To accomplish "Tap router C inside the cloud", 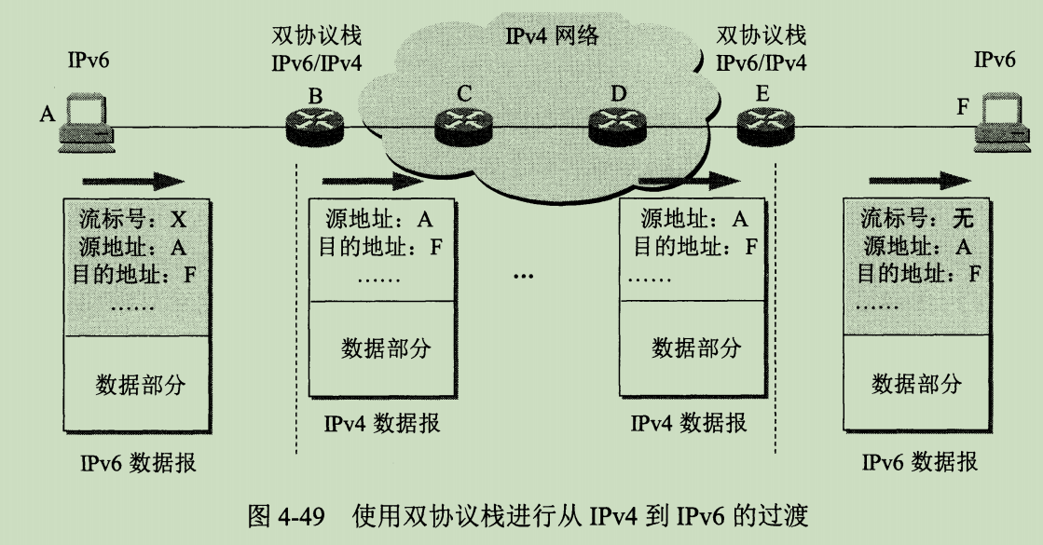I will point(463,125).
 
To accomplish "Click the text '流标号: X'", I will point(130,221).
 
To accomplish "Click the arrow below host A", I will point(134,180).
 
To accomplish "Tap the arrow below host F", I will point(917,180).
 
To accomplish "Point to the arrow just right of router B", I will point(365,180).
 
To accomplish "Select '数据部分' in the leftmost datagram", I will point(140,385).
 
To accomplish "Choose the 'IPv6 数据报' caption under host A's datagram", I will point(139,463).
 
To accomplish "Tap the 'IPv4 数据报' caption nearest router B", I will point(382,424).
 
